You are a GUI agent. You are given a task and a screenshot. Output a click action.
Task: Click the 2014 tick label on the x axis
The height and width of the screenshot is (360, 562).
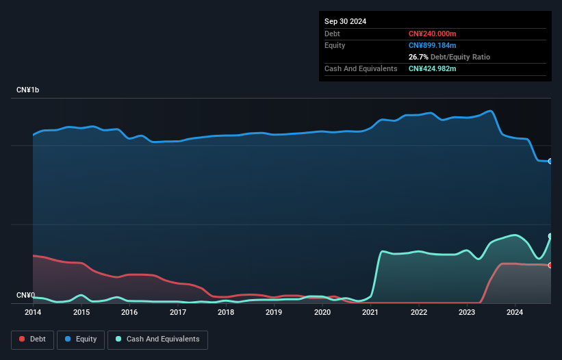[33, 312]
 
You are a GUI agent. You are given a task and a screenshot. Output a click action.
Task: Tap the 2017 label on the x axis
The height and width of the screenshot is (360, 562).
[178, 312]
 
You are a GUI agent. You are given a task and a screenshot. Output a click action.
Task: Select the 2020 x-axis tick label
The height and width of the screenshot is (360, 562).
[322, 312]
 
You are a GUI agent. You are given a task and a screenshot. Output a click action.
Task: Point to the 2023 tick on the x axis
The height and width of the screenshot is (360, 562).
[467, 312]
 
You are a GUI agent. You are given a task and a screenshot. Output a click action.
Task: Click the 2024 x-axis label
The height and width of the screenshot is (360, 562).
[515, 312]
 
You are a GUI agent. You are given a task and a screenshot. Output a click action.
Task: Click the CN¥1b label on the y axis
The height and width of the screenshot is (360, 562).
[28, 90]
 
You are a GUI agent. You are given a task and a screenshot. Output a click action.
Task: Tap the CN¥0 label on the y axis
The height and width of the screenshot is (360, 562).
[25, 296]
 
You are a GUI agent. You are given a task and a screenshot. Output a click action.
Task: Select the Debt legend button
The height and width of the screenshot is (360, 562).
[32, 339]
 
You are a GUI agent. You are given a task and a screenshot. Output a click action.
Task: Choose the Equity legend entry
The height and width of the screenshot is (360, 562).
[81, 339]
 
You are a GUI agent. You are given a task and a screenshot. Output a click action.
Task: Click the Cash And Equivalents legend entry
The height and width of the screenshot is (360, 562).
[157, 339]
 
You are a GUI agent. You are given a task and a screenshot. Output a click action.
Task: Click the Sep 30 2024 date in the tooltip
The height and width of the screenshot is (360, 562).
[345, 21]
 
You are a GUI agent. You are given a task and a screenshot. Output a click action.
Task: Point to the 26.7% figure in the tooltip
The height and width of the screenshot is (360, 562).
[418, 57]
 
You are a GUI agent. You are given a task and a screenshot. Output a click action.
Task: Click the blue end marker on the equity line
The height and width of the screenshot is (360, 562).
[550, 162]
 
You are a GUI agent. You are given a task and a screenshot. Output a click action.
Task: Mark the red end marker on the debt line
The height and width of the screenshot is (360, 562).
[550, 265]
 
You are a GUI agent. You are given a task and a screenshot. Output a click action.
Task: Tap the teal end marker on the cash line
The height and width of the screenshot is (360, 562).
[550, 236]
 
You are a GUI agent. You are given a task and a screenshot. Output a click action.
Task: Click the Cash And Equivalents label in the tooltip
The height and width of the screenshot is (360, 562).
[361, 68]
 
